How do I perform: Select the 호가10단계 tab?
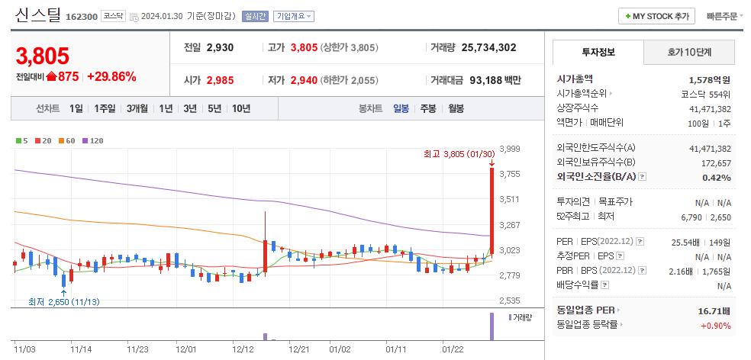point(689,53)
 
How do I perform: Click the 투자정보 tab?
point(598,53)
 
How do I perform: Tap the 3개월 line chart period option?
point(138,108)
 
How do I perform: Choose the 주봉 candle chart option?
point(427,108)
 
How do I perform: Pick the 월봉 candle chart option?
point(456,108)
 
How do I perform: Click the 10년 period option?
point(240,108)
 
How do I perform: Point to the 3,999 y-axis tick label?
point(509,149)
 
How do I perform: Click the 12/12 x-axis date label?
point(243,349)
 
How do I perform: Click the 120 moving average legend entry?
point(92,140)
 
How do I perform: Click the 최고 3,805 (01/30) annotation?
point(455,153)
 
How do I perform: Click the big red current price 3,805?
point(43,56)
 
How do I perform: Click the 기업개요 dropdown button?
point(293,16)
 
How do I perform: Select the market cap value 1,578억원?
point(709,79)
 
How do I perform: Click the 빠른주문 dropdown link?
point(724,16)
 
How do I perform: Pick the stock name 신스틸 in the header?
point(38,14)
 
